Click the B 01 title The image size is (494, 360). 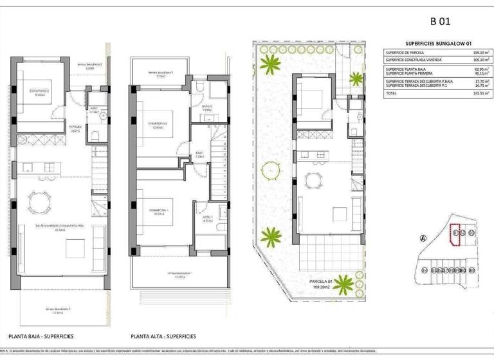[x=439, y=21]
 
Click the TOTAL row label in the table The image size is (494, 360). [x=392, y=93]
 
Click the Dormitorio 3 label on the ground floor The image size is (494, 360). [x=39, y=91]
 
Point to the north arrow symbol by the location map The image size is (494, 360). [x=423, y=237]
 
